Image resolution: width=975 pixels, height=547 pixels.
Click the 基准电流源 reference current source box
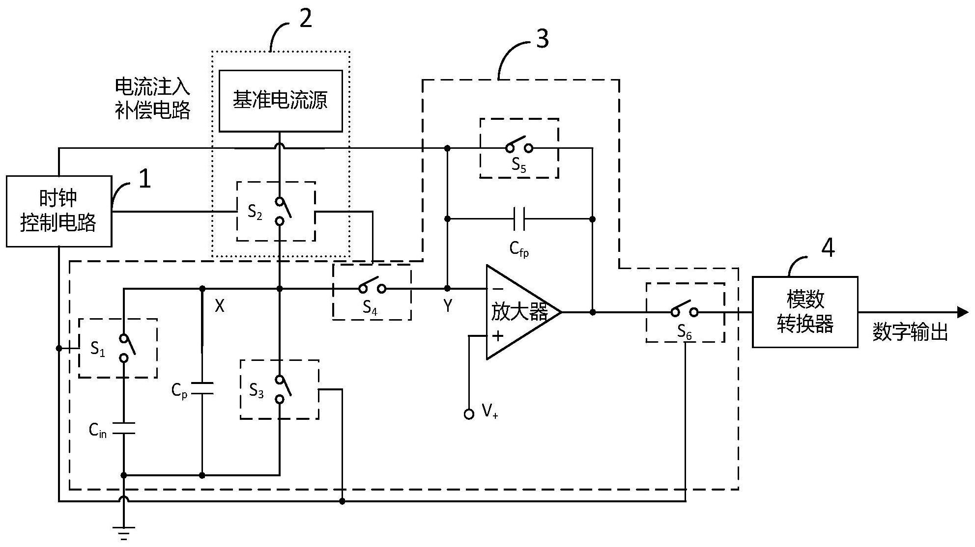click(x=280, y=101)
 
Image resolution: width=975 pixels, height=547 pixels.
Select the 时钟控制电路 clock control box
click(x=58, y=211)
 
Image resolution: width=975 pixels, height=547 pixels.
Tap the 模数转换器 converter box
click(x=804, y=312)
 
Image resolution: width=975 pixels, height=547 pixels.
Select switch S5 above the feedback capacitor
click(x=519, y=147)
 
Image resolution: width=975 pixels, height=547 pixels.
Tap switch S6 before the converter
click(x=685, y=312)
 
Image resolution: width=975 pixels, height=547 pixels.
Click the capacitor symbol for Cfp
click(x=519, y=219)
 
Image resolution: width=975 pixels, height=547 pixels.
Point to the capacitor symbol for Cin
click(x=124, y=428)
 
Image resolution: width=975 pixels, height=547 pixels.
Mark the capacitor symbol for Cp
click(x=202, y=388)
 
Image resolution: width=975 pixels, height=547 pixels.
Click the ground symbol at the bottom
click(x=124, y=532)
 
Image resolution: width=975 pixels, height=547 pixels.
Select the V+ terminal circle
click(x=469, y=414)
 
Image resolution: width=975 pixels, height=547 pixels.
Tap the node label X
click(x=220, y=306)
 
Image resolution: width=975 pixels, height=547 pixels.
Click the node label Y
click(x=448, y=306)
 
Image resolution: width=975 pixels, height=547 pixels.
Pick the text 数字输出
click(x=910, y=332)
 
